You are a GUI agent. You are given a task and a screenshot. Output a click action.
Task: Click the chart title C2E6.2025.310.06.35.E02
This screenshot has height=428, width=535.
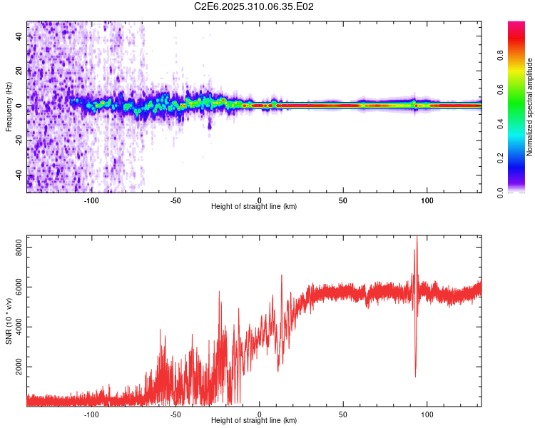click(x=255, y=6)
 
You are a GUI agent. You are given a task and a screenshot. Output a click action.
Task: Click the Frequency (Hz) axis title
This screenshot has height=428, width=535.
click(x=9, y=106)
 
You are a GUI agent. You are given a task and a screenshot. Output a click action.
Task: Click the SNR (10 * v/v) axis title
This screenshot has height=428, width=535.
click(x=9, y=321)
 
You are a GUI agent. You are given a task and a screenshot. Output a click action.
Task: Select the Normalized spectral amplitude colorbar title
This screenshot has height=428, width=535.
click(x=530, y=107)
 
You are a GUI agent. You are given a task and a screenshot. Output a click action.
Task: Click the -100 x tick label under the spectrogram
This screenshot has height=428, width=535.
click(x=91, y=200)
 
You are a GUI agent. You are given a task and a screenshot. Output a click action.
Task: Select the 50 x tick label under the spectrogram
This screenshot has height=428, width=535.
click(x=343, y=200)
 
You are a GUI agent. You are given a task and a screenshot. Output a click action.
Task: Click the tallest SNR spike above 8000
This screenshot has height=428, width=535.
click(x=417, y=238)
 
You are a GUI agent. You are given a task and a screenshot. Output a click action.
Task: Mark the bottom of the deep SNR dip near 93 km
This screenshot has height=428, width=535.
click(x=415, y=377)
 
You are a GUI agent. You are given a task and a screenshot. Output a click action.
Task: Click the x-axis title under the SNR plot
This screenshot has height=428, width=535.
click(x=254, y=421)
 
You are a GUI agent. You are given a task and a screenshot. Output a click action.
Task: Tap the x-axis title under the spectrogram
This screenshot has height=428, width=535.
click(x=254, y=207)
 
